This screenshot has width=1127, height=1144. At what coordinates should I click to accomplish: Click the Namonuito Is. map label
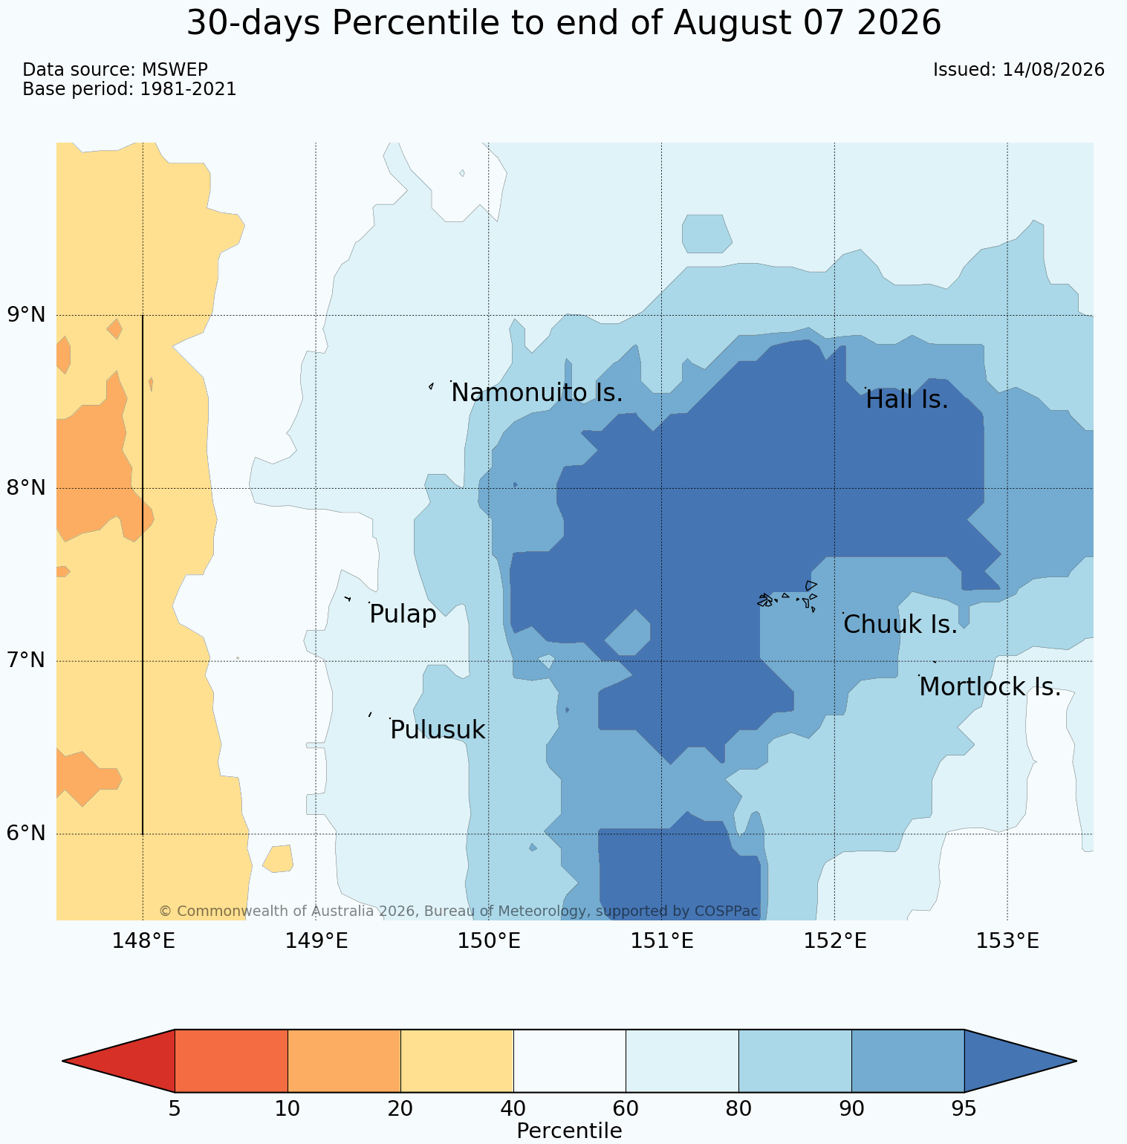[x=536, y=393]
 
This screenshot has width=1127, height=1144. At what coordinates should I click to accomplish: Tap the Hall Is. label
[x=907, y=400]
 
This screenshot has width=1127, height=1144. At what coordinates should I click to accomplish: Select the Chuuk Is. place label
[x=900, y=625]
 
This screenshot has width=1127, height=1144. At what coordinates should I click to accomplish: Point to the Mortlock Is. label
[x=990, y=687]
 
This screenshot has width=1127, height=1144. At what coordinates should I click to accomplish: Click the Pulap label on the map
[x=403, y=615]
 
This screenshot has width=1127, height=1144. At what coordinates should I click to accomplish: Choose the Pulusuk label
[x=438, y=730]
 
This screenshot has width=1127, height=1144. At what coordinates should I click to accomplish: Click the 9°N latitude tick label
[x=27, y=315]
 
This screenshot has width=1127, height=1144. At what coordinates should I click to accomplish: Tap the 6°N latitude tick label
[x=27, y=833]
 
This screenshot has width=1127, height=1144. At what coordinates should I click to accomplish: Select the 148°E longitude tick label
[x=143, y=941]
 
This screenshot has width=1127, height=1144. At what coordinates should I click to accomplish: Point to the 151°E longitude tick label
[x=662, y=941]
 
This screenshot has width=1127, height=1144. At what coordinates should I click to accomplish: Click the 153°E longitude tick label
[x=1007, y=941]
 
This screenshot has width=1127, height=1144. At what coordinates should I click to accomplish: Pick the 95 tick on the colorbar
[x=964, y=1109]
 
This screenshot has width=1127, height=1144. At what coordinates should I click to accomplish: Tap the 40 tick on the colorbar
[x=513, y=1109]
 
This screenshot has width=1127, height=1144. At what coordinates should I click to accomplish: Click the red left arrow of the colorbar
[x=119, y=1061]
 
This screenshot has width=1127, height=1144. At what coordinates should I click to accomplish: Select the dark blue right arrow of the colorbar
[x=1020, y=1061]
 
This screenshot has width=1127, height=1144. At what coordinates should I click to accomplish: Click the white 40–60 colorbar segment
[x=570, y=1061]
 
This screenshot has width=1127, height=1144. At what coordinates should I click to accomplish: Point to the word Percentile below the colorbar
[x=569, y=1131]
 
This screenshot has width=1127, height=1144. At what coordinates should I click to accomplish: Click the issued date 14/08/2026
[x=1053, y=70]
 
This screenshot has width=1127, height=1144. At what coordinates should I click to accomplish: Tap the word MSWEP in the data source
[x=175, y=70]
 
